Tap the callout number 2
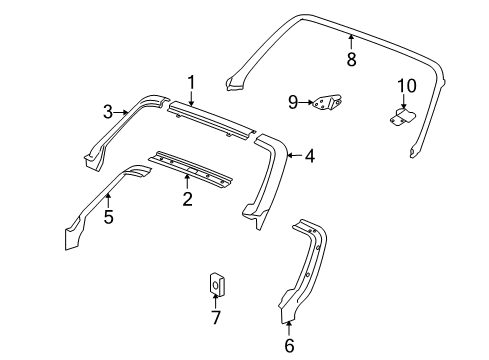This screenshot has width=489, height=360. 187,200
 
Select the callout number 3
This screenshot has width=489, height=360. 108,113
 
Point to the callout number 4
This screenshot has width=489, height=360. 310,155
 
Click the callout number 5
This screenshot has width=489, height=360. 108,215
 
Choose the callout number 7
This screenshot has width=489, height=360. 215,317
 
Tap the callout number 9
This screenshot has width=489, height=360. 294,101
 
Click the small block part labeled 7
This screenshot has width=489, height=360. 216,285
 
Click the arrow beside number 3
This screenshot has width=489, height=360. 124,112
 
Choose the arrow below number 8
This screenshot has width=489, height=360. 351,40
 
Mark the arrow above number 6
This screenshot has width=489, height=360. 290,326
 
